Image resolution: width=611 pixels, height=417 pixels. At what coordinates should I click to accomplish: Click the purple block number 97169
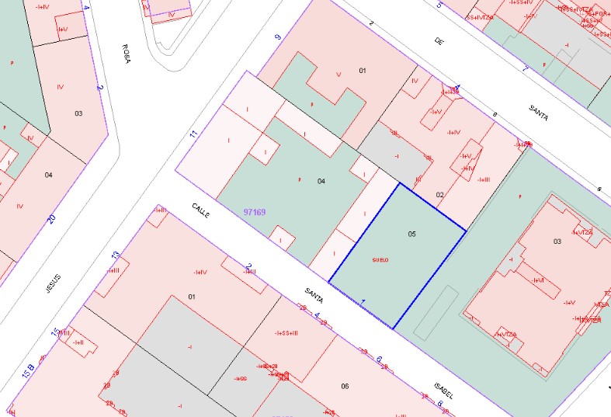255,211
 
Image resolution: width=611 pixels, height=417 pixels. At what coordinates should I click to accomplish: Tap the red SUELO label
380,259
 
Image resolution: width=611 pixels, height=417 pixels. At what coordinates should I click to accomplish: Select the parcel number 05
411,233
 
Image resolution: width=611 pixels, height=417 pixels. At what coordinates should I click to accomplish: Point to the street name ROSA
126,54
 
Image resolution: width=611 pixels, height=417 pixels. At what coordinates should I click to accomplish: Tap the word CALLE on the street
202,213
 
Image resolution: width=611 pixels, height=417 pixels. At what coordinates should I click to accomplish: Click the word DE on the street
439,42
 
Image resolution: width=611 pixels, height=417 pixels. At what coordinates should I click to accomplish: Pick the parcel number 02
439,194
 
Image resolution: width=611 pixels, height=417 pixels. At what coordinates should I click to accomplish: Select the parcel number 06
345,386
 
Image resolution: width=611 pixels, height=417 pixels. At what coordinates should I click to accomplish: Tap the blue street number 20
51,218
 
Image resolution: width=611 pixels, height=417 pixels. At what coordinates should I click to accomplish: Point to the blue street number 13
116,255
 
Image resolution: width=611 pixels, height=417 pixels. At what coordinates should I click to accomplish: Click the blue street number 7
525,68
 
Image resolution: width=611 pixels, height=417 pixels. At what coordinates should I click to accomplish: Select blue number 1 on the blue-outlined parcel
363,301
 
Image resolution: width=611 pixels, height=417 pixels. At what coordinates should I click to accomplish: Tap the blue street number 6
379,360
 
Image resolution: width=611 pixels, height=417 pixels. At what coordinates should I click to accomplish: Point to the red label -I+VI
537,280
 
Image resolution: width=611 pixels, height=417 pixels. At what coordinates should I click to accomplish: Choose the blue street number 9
277,36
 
